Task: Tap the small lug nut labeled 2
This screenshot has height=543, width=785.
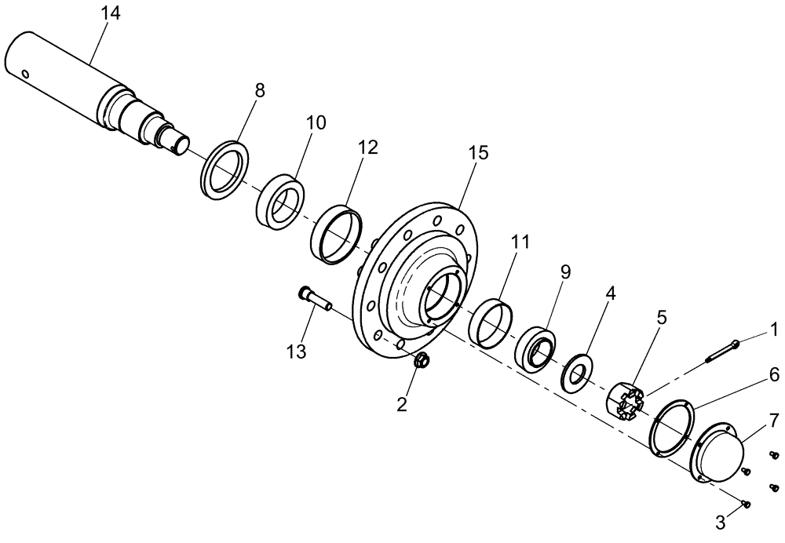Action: (x=422, y=361)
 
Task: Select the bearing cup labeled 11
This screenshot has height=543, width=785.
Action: (x=490, y=320)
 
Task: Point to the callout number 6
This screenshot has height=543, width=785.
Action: (x=773, y=376)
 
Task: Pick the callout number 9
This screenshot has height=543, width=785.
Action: (x=565, y=272)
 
